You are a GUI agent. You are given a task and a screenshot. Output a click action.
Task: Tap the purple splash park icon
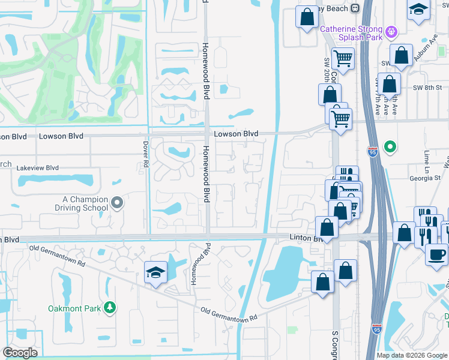pyautogui.click(x=392, y=29)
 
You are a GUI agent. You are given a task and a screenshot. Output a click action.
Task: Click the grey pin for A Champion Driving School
pyautogui.click(x=117, y=203)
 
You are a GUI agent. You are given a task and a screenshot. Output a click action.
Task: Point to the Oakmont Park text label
pyautogui.click(x=75, y=308)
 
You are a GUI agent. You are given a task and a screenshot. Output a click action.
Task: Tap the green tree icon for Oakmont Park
pyautogui.click(x=109, y=308)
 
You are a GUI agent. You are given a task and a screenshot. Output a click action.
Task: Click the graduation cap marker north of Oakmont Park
pyautogui.click(x=155, y=273)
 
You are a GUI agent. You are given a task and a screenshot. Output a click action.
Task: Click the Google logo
pyautogui.click(x=20, y=353)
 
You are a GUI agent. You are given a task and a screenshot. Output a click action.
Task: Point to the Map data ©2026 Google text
pyautogui.click(x=411, y=355)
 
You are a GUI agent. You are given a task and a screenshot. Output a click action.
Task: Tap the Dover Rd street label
pyautogui.click(x=145, y=151)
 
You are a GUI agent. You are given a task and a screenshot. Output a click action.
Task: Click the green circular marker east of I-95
pyautogui.click(x=390, y=146)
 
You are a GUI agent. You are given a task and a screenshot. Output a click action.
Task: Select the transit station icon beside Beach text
pyautogui.click(x=355, y=8)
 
